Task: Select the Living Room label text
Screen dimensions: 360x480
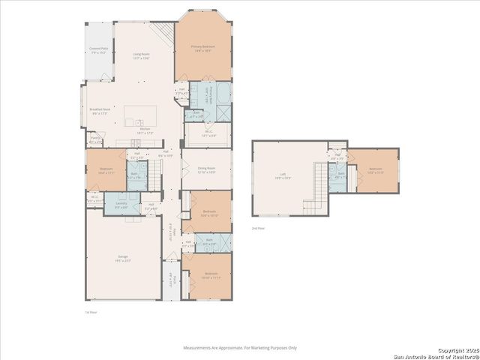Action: point(142,56)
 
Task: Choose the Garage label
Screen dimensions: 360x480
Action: point(123,258)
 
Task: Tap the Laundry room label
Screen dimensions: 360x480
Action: point(121,205)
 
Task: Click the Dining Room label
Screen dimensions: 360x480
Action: point(206,169)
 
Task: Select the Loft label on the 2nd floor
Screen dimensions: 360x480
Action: point(283,178)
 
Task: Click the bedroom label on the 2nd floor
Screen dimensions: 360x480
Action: point(376,170)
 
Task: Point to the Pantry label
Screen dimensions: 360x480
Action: point(96,139)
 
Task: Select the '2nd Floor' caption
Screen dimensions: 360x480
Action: point(258,227)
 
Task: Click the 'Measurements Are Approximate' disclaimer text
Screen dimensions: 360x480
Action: point(241,348)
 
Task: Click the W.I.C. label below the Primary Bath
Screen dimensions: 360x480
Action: point(210,133)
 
